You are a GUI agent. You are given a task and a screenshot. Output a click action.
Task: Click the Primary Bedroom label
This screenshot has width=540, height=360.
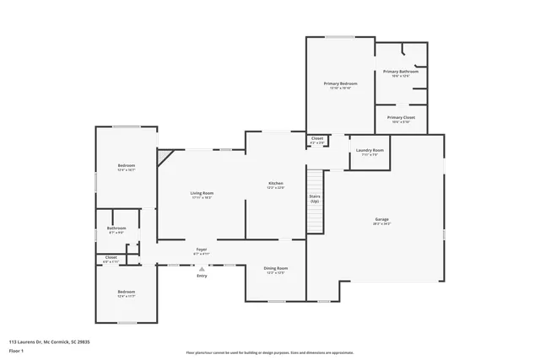click(x=341, y=84)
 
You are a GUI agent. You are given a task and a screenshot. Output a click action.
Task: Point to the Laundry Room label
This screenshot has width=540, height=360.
click(x=370, y=151)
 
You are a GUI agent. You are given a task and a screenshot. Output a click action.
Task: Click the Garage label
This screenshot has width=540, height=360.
click(x=381, y=220)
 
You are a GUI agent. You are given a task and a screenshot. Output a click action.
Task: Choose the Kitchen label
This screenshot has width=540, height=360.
click(x=275, y=184)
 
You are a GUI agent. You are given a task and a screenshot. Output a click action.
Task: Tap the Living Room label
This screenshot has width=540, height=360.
click(x=201, y=194)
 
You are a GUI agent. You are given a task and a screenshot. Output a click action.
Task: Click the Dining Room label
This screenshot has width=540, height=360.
click(x=277, y=268)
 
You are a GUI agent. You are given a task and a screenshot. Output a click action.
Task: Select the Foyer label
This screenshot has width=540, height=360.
click(x=202, y=250)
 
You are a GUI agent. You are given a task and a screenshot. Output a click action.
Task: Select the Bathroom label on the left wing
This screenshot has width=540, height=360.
click(x=116, y=228)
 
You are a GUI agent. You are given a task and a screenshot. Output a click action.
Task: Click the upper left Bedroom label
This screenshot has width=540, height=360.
click(x=127, y=165)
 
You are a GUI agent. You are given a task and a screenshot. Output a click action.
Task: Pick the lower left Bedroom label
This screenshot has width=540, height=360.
click(x=126, y=292)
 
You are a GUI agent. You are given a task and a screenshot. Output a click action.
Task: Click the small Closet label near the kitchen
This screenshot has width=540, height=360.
click(x=317, y=138)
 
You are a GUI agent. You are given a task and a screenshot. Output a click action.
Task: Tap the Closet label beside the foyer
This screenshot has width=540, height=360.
click(x=111, y=258)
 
